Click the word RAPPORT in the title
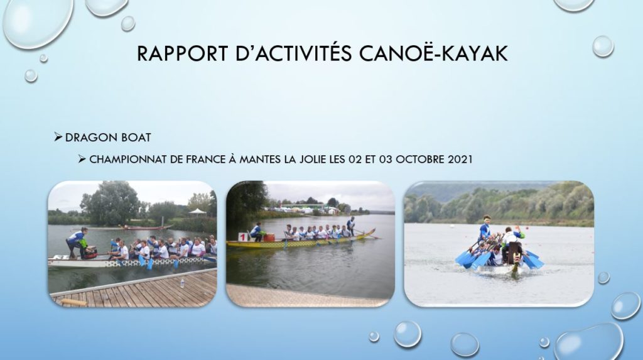click(182, 53)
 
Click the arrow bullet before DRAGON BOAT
click(58, 137)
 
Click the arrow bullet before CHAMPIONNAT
click(82, 159)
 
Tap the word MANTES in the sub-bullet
click(261, 160)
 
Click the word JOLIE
click(313, 160)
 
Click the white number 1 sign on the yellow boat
click(243, 237)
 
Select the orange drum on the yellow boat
click(269, 237)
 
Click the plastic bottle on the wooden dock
click(181, 283)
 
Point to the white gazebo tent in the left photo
click(198, 211)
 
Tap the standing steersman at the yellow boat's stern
click(350, 226)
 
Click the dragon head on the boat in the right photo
click(514, 266)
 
